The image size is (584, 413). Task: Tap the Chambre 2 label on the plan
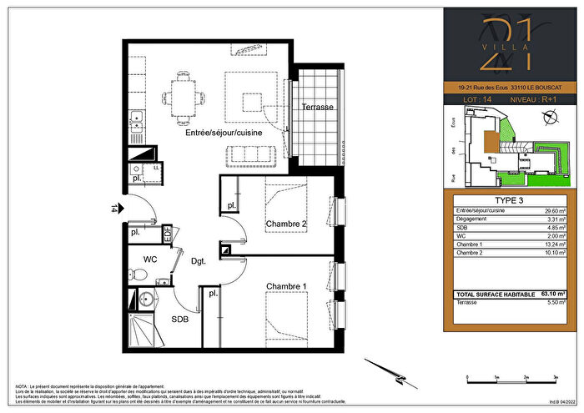pos(287,224)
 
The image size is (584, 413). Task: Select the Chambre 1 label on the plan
pos(286,287)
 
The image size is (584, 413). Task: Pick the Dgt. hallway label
pos(198,261)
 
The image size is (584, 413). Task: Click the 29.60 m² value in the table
pos(554,213)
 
